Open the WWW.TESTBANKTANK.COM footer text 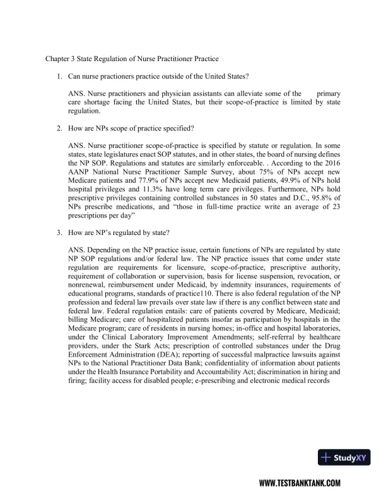click(300, 483)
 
